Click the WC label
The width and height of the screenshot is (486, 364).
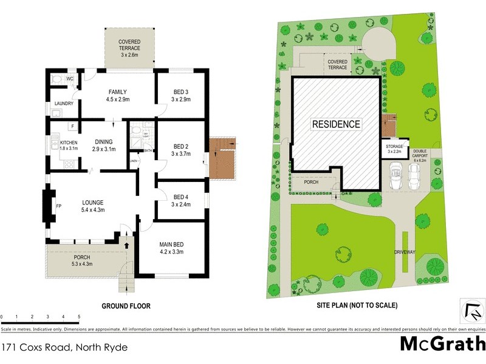point(70,79)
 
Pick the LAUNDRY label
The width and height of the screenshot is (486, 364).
point(63,104)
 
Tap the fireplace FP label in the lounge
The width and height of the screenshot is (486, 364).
point(59,206)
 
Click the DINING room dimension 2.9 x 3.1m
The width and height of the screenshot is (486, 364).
point(104,149)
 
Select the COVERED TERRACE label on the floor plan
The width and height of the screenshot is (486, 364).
point(129,44)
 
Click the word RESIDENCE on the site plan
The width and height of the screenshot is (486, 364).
point(336,124)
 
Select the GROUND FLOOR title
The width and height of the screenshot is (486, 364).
point(126,306)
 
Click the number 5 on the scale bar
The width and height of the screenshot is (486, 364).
point(79,317)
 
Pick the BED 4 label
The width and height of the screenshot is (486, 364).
point(181,197)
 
